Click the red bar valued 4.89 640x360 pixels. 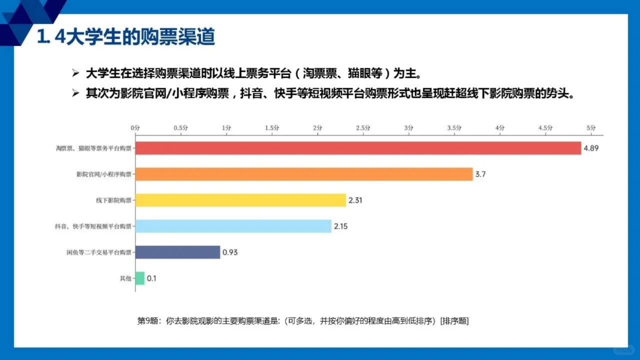tap(358, 148)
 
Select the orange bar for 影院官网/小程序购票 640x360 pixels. tap(303, 174)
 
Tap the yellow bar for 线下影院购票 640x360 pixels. tap(240, 200)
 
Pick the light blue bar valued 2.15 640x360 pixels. tap(233, 226)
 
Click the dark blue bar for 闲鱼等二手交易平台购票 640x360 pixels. tap(177, 252)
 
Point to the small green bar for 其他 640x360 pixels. tap(139, 278)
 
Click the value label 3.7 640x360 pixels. tap(480, 174)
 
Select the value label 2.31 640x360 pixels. tap(355, 200)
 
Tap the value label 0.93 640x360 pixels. tap(230, 252)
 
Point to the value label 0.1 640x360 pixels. tap(151, 278)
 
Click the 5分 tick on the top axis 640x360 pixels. tap(591, 128)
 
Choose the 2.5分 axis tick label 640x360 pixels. tap(363, 128)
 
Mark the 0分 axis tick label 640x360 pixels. tap(135, 128)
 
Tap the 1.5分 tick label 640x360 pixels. tap(272, 128)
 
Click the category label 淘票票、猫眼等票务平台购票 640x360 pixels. tap(93, 148)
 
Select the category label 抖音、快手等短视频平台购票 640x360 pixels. tap(93, 226)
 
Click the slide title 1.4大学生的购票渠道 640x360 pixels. tap(126, 37)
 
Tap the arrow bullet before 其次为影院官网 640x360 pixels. tap(76, 93)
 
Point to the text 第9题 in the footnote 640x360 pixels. tap(147, 321)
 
